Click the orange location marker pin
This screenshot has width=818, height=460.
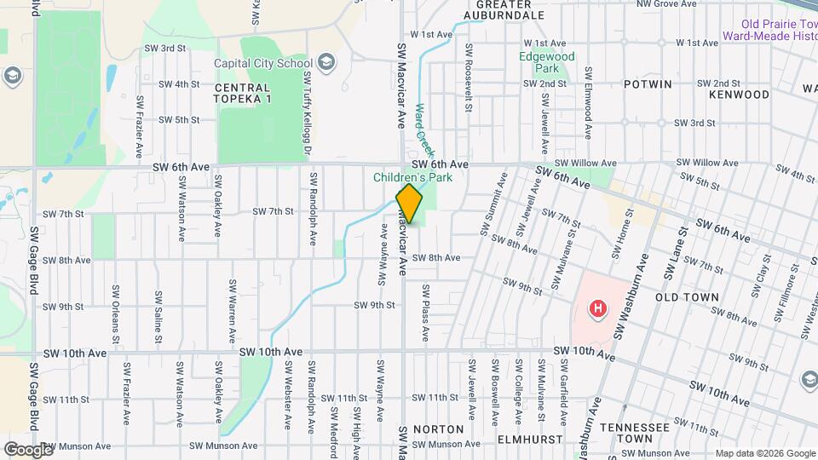[409, 204]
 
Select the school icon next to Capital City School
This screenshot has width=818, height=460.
[327, 61]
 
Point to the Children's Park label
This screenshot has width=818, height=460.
[412, 178]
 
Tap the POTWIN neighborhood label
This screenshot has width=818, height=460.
[648, 84]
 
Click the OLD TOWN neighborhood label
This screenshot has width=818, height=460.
[688, 297]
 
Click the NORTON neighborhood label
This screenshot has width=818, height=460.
[438, 429]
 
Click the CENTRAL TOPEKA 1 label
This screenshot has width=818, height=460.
[243, 93]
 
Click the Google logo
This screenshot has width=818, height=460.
[27, 449]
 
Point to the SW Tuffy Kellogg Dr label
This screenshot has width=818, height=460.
[307, 114]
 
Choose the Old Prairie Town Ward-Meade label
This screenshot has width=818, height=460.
[769, 30]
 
